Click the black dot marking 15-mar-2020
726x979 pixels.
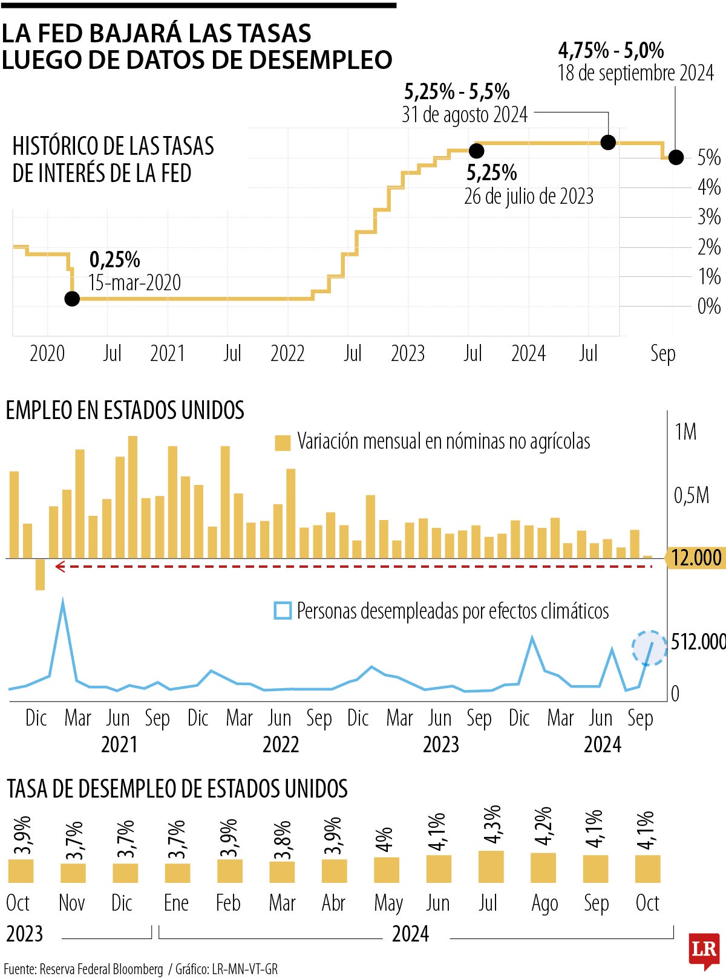coord(72,298)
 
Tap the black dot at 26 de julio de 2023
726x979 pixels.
coord(477,151)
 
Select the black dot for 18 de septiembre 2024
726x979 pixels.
coord(676,157)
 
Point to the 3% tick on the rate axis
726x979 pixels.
coord(708,217)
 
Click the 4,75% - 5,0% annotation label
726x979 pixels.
coord(611,50)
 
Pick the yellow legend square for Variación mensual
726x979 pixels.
coord(283,443)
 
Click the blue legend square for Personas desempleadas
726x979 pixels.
coord(283,611)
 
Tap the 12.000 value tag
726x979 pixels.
coord(696,558)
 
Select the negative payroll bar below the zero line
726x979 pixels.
coord(40,574)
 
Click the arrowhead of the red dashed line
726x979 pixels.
coord(59,567)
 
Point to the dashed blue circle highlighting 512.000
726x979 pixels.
coord(649,648)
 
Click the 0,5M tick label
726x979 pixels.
coord(691,496)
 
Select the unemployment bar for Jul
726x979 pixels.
coord(491,867)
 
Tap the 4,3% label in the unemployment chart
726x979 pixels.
coord(492,824)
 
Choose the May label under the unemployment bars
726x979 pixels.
coord(388,903)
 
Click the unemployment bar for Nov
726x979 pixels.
coord(73,873)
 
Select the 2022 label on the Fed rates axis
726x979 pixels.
coord(287,353)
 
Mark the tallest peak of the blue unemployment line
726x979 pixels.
coord(63,601)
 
